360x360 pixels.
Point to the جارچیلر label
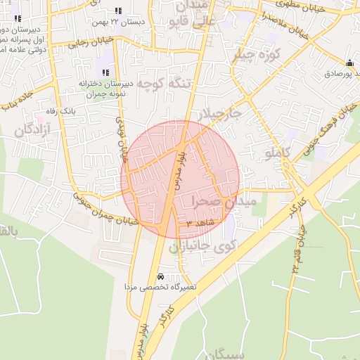[x=219, y=114]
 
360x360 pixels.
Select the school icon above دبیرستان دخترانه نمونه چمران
[x=105, y=72]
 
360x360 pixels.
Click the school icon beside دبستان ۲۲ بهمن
[x=117, y=11]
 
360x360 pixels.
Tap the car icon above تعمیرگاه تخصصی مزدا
[x=162, y=276]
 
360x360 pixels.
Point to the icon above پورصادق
[x=349, y=62]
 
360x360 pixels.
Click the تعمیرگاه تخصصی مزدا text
[x=161, y=287]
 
